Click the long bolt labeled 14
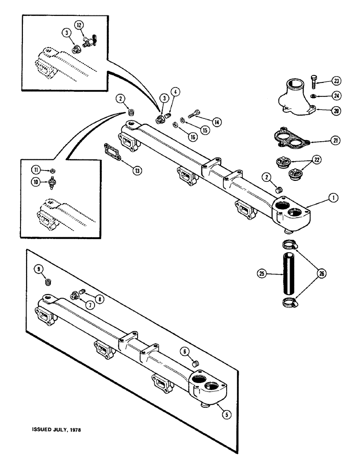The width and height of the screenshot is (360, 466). pyautogui.click(x=194, y=115)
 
